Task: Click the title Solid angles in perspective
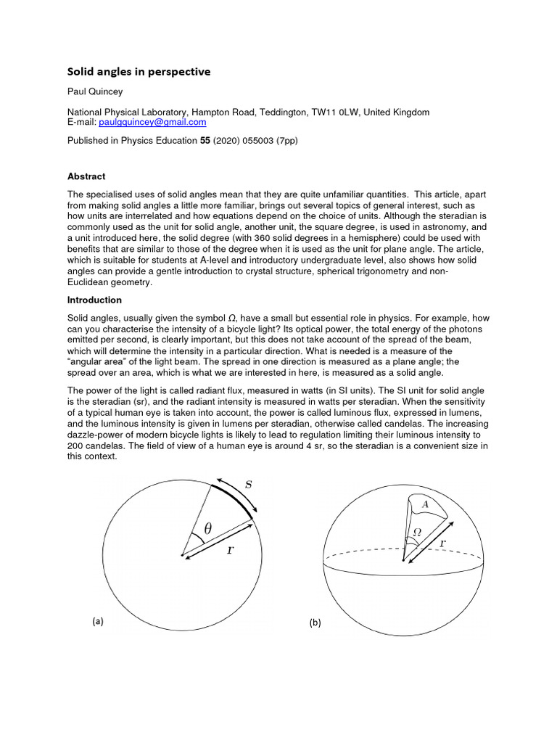(139, 72)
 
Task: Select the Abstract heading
(86, 176)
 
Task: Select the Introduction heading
(94, 300)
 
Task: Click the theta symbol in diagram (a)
(207, 529)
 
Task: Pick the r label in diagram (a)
(230, 549)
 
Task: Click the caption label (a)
(98, 621)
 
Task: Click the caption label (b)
(315, 623)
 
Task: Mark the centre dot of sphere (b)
(403, 559)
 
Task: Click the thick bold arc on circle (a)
(236, 495)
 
